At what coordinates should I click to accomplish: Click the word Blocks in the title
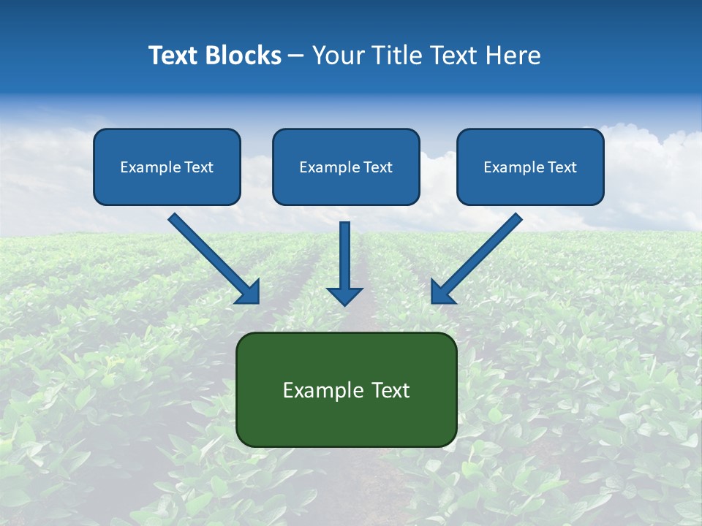point(241,56)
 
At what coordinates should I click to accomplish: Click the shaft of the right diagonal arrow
point(490,245)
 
